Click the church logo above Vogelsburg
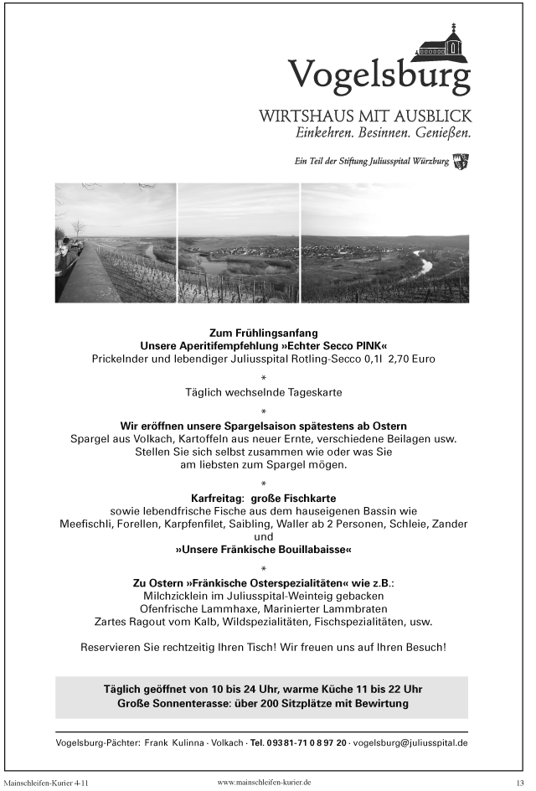click(x=444, y=44)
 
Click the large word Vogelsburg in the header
click(x=379, y=77)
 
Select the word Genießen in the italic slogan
click(x=441, y=132)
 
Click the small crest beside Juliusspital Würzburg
click(x=461, y=161)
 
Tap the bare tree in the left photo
click(x=79, y=228)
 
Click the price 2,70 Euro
click(x=406, y=359)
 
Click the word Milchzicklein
click(x=181, y=595)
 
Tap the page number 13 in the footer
click(x=519, y=782)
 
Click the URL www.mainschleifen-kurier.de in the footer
click(x=264, y=782)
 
